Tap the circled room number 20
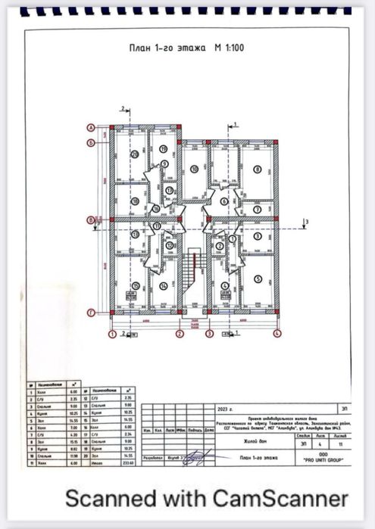coord(135,154)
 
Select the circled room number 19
coord(163,150)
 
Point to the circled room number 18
coord(134,202)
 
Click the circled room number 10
coord(195,169)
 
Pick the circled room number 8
coord(258,169)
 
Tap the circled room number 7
coord(257,210)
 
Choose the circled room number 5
coord(258,279)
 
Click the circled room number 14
coord(163,285)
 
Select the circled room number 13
coord(135,235)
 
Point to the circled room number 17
coord(170,189)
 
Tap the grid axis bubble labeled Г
coord(91,313)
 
